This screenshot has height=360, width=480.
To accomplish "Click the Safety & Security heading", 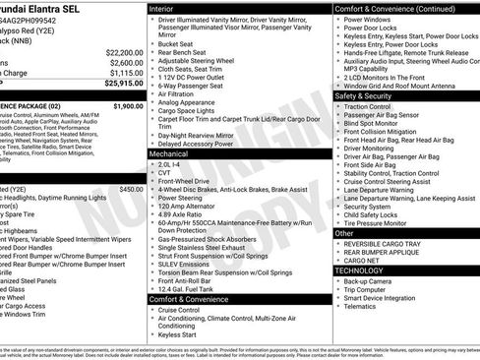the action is [x=369, y=96].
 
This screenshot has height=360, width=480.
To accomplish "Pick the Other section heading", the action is [x=344, y=233].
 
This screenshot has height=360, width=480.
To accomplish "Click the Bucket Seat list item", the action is [x=175, y=43].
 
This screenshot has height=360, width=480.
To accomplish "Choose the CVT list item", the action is [x=164, y=173].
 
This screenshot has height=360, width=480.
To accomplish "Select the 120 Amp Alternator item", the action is [x=187, y=206].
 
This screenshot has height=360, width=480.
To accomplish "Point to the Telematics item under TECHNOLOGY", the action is [x=363, y=305].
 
